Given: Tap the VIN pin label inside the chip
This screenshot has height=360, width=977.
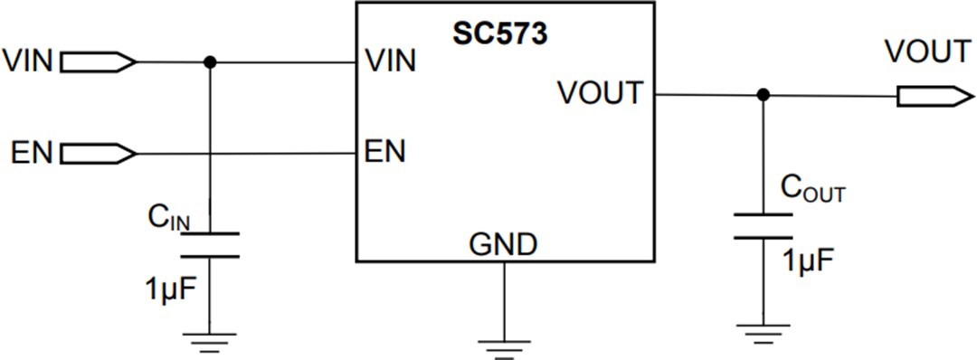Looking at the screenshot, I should coord(390,62).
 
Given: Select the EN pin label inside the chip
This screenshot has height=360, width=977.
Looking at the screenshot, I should coord(384,150).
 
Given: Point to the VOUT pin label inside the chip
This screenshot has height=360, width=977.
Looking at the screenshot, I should coord(601,92).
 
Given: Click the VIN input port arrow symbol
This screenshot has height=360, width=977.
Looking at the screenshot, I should coord(98,62).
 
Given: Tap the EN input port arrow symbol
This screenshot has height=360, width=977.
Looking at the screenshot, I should coord(98,153).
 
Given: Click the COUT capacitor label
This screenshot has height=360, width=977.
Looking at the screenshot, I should coord(812,191).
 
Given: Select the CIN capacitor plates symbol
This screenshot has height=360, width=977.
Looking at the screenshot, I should coord(210,244).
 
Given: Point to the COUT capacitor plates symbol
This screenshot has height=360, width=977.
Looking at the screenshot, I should coord(763,226).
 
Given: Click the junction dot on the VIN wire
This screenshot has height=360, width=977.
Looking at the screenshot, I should coord(210,62).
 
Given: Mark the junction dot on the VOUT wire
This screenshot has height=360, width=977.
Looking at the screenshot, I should coord(763,95).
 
